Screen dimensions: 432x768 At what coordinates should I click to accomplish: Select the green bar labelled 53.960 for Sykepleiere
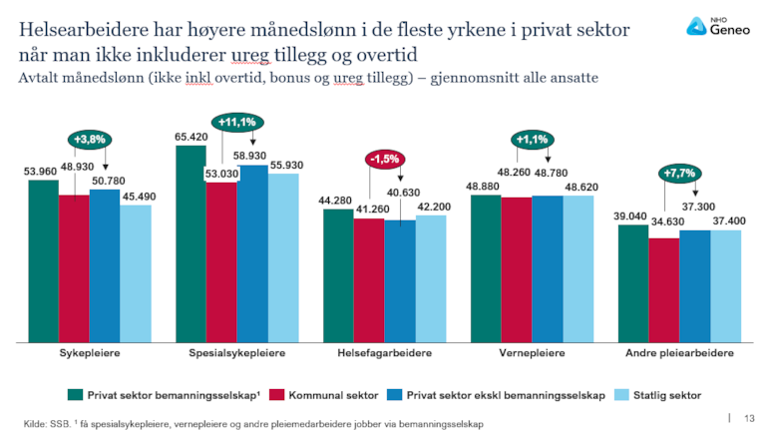click(43, 259)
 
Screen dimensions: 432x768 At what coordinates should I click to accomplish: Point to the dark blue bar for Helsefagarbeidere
click(400, 279)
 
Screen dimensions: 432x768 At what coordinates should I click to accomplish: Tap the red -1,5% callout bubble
click(383, 160)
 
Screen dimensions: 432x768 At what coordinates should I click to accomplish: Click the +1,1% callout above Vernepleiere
click(532, 141)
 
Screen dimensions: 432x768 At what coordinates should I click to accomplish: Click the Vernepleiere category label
click(532, 354)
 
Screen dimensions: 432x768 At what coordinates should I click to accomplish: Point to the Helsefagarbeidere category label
click(384, 354)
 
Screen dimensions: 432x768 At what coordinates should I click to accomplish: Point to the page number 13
click(750, 417)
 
